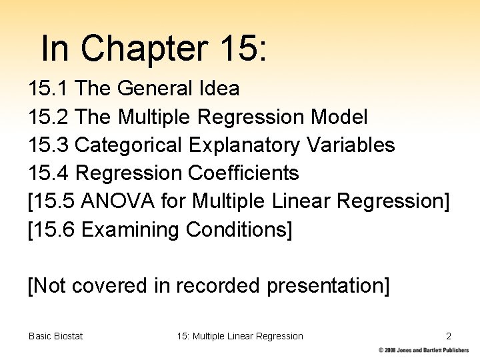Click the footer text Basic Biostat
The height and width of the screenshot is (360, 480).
[56, 336]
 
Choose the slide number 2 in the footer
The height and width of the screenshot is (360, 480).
[449, 336]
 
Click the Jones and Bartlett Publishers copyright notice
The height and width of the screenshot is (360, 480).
[427, 351]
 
